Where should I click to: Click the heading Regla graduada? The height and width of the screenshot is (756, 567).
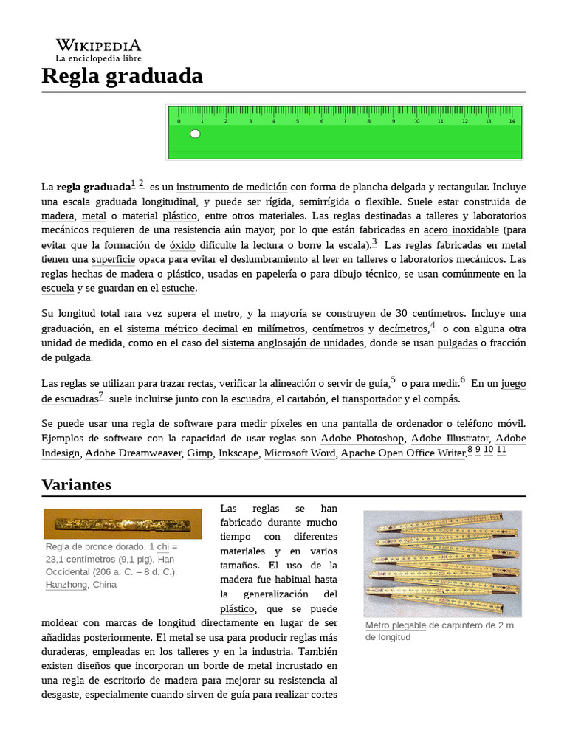[122, 75]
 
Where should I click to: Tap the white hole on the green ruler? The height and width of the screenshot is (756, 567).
[195, 134]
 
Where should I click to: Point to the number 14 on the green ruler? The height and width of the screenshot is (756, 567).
[512, 120]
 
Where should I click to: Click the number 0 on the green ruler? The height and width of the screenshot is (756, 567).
[178, 120]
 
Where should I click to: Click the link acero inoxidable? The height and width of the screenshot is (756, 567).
[461, 230]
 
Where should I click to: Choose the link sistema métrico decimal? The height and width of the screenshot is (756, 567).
[182, 329]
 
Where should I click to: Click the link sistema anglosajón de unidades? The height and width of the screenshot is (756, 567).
[292, 343]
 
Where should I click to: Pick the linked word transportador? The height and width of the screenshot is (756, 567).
[371, 399]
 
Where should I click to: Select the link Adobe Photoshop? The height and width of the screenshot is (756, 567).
[362, 439]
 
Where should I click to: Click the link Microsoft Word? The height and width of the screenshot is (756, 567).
[299, 453]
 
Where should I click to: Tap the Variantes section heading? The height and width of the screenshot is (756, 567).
[76, 484]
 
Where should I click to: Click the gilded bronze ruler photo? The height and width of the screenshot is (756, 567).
[123, 524]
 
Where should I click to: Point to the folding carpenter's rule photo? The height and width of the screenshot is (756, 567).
[442, 563]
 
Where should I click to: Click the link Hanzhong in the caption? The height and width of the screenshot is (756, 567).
[66, 584]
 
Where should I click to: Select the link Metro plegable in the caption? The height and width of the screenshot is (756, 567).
[396, 625]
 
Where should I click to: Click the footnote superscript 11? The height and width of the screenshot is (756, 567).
[501, 450]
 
